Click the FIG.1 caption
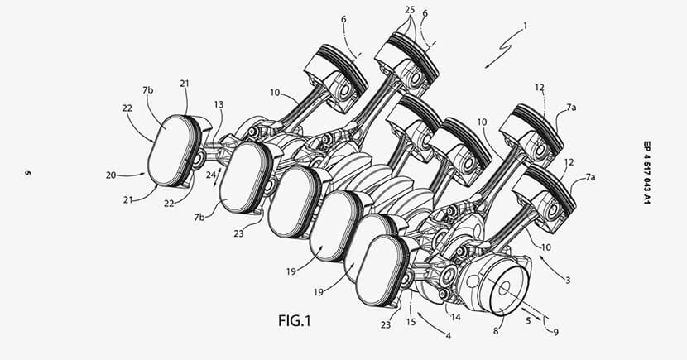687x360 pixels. point(295,320)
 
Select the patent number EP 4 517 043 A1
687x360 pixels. point(646,172)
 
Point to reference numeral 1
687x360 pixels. point(526,26)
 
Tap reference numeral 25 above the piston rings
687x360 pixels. point(410,10)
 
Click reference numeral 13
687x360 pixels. point(219,104)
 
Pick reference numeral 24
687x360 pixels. point(211,175)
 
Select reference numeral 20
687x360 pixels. point(110,175)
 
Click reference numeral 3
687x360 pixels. point(568,281)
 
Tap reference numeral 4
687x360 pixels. point(449,336)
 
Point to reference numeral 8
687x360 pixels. point(496,331)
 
